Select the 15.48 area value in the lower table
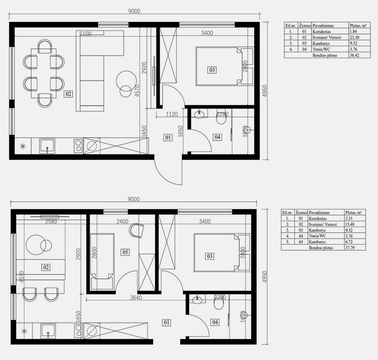coord(350,224)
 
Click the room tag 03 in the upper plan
coord(212,70)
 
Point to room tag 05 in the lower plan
coord(125,252)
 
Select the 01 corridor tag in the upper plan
coord(168,138)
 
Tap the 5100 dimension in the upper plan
coord(85,34)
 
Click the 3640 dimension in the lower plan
coord(136,298)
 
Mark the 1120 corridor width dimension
coord(172,114)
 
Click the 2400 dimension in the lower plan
coord(123,221)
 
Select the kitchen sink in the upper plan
coord(47,146)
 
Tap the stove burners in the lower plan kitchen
coord(78,330)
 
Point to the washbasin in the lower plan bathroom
coord(198,300)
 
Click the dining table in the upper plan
coord(44,73)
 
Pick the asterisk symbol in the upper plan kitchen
coord(23,146)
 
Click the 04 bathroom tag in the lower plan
coord(215,322)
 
